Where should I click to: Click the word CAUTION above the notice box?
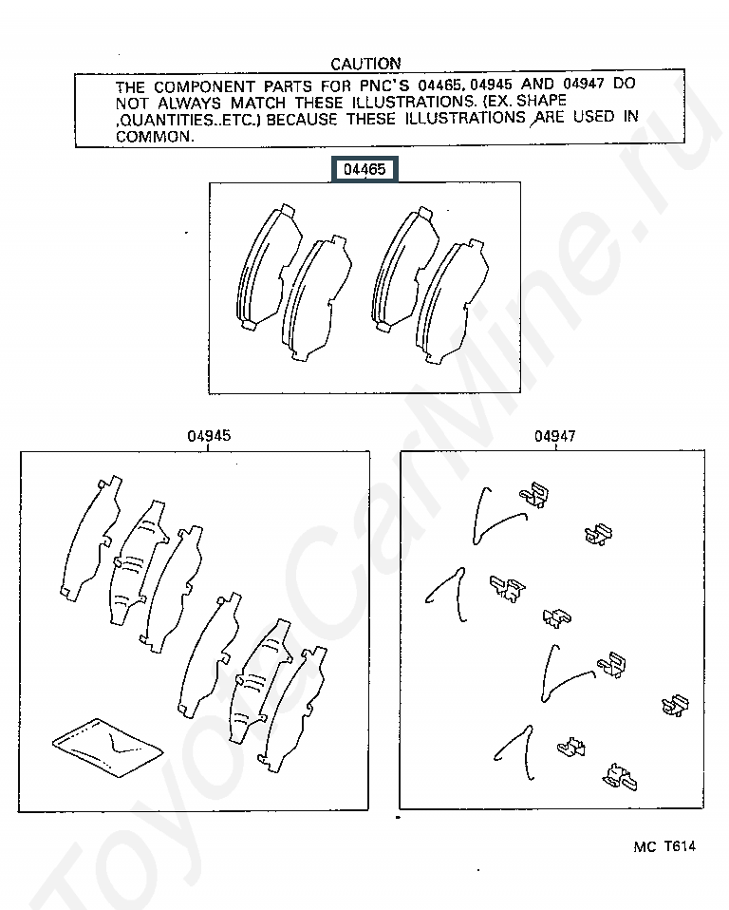pos(365,64)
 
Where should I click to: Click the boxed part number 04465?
pos(364,169)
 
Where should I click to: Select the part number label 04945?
pos(209,436)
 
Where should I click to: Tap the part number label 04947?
pos(555,436)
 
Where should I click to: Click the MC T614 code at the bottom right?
pos(664,846)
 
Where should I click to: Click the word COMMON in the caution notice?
pos(155,137)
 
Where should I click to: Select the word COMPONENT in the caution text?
pos(204,87)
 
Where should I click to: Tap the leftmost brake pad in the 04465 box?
pos(268,267)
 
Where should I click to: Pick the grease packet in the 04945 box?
pos(108,747)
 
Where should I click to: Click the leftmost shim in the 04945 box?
pos(91,539)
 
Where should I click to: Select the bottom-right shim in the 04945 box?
pos(293,710)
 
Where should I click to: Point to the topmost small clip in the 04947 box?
pos(534,495)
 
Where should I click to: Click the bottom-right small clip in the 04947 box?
pos(620,776)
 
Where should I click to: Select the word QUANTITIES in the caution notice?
pos(166,120)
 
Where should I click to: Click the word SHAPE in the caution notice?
pos(541,101)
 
